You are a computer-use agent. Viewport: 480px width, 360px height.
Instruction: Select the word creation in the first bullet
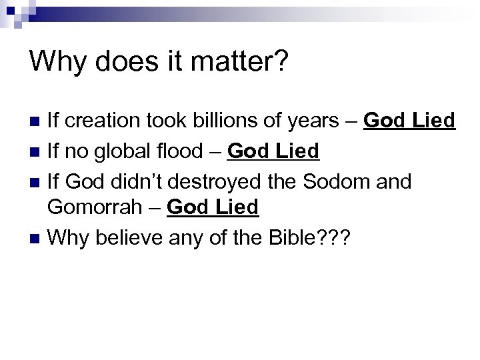101,122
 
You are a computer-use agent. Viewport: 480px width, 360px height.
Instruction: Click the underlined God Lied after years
409,122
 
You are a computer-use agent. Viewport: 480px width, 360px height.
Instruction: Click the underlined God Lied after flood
273,151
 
